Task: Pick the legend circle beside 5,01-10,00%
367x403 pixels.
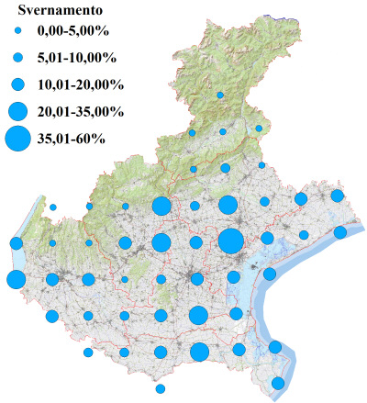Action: point(17,58)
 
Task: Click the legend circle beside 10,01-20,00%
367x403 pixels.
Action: point(17,84)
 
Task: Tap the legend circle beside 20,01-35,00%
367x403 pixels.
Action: point(17,112)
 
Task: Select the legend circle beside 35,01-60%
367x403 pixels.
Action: point(17,140)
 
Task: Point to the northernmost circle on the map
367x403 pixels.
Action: point(220,95)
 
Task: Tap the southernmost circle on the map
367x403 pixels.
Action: point(161,388)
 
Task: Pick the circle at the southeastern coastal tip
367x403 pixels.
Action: point(278,383)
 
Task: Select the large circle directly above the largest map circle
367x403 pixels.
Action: point(228,205)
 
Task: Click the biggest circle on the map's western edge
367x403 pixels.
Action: point(16,279)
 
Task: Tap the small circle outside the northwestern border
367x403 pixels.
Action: point(53,207)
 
